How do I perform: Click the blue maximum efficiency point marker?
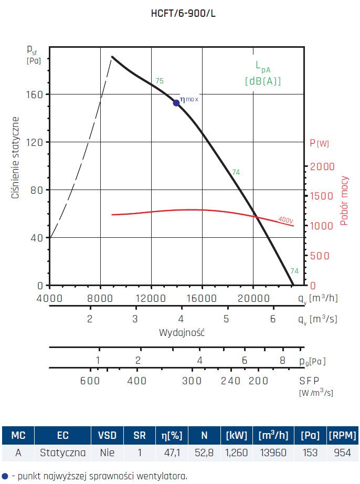[x=176, y=102]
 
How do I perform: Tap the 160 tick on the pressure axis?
[x=35, y=94]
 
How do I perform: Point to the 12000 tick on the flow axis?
[x=151, y=298]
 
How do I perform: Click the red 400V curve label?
[x=285, y=219]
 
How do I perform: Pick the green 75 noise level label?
[x=160, y=81]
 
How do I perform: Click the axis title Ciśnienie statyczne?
[x=16, y=158]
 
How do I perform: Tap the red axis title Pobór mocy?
[x=344, y=201]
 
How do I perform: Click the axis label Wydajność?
[x=182, y=333]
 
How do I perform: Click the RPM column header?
[x=342, y=435]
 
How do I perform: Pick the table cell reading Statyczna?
[x=63, y=451]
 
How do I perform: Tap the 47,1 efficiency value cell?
[x=172, y=451]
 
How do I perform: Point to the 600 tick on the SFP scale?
[x=90, y=381]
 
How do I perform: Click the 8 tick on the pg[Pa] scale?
[x=282, y=361]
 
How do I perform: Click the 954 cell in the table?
[x=342, y=451]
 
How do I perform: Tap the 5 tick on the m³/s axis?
[x=226, y=319]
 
